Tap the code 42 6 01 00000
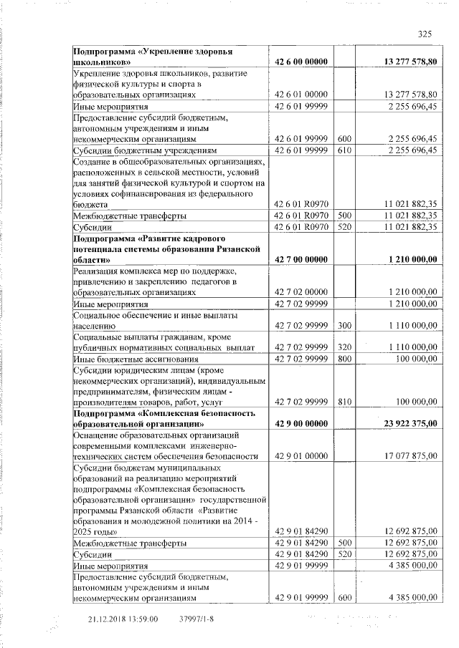[x=301, y=94]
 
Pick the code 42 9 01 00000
[x=301, y=455]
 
